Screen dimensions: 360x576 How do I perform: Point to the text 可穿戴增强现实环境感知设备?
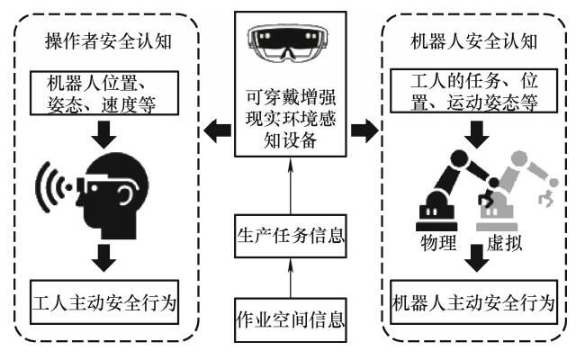287,116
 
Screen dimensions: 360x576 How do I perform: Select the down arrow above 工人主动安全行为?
106,257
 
